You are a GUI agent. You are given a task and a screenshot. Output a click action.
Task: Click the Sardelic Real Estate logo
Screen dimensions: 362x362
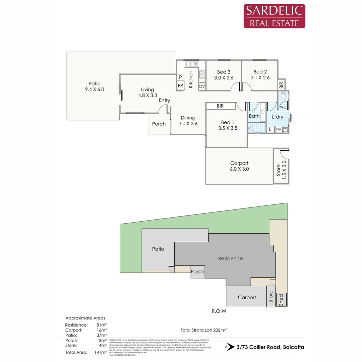pyautogui.click(x=274, y=16)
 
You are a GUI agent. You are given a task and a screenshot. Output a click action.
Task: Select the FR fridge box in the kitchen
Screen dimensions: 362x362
pyautogui.click(x=180, y=86)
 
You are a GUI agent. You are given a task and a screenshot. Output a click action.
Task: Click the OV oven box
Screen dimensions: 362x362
pyautogui.click(x=202, y=86)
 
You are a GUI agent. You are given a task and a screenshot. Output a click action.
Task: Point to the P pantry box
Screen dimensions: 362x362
pyautogui.click(x=180, y=77)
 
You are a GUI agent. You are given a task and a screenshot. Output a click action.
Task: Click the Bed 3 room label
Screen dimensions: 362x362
pyautogui.click(x=224, y=72)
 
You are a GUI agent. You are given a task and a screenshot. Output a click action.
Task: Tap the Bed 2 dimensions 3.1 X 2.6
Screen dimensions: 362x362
pyautogui.click(x=260, y=78)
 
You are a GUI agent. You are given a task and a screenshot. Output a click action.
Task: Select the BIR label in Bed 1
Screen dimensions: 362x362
pyautogui.click(x=220, y=106)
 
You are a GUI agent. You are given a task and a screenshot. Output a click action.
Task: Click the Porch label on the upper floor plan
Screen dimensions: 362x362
pyautogui.click(x=159, y=124)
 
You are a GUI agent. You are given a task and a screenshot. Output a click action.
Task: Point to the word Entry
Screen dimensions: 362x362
pyautogui.click(x=164, y=100)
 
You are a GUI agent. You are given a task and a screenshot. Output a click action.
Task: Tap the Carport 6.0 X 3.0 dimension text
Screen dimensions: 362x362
pyautogui.click(x=239, y=169)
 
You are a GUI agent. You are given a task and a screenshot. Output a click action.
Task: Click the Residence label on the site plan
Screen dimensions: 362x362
pyautogui.click(x=230, y=258)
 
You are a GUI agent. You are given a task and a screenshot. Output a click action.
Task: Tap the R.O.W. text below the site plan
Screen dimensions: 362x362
pyautogui.click(x=220, y=311)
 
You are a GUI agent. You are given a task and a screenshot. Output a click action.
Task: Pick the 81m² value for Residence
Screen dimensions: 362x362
pyautogui.click(x=102, y=325)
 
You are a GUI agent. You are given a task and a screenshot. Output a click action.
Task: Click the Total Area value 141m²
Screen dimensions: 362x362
pyautogui.click(x=100, y=352)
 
